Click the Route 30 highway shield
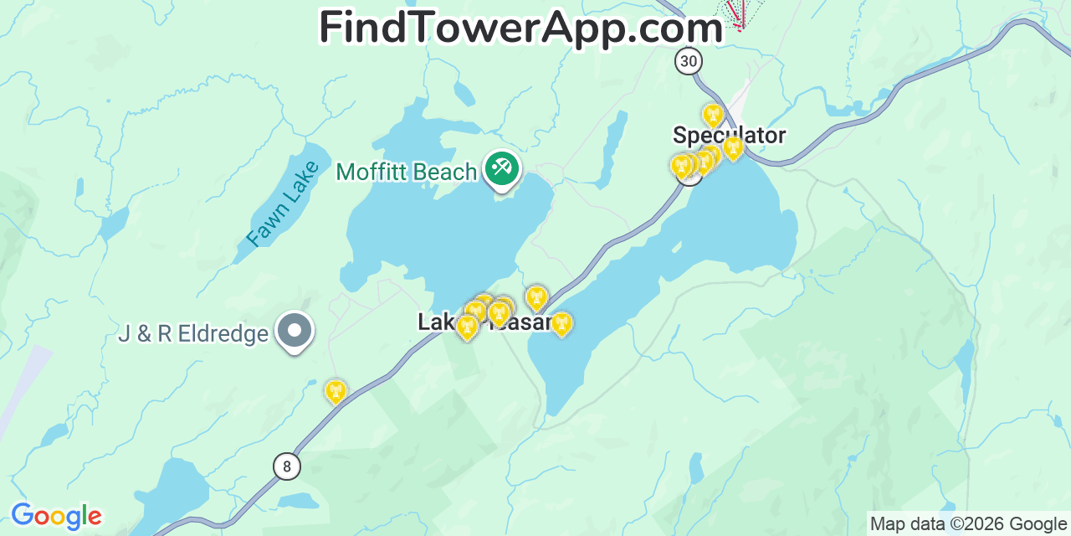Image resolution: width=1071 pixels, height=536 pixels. (689, 61)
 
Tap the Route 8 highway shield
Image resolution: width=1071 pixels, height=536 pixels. (286, 466)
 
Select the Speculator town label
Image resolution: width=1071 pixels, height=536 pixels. (729, 135)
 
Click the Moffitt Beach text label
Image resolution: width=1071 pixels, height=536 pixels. (406, 172)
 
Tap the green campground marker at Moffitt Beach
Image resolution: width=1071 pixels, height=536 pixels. (502, 169)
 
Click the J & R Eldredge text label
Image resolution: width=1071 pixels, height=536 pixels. (193, 334)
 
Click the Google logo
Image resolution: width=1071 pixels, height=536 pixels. (56, 516)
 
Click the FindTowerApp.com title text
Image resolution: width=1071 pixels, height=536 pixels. (520, 28)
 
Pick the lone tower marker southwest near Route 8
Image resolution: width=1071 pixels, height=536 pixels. (336, 391)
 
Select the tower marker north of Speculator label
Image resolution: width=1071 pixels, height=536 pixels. (713, 114)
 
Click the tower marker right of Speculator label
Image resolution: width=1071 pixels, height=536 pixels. (734, 148)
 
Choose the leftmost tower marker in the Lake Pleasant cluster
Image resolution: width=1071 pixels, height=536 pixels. (467, 327)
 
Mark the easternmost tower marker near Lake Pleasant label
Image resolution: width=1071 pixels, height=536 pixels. (561, 323)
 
